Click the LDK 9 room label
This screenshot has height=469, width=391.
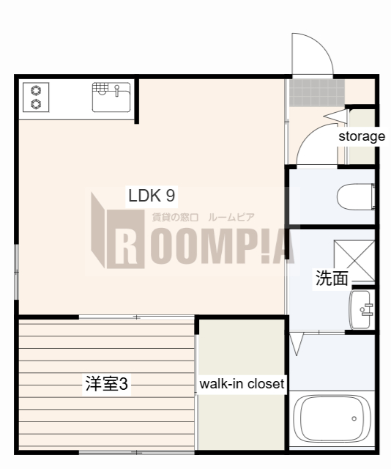(151, 196)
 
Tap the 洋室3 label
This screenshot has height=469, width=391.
(107, 383)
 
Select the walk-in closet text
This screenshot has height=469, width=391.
(242, 383)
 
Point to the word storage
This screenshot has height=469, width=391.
(361, 136)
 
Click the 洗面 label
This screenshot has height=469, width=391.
(331, 278)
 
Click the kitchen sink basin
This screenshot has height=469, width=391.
(111, 97)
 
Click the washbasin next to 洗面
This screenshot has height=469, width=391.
(361, 310)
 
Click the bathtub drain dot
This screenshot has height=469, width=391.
(354, 419)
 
